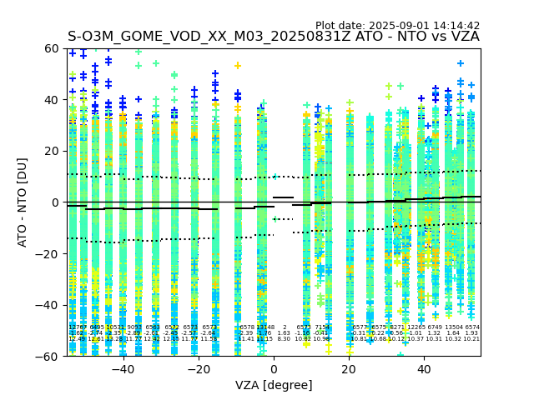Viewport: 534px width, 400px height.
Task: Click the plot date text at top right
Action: click(x=397, y=26)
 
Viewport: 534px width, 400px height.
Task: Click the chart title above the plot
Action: click(x=274, y=37)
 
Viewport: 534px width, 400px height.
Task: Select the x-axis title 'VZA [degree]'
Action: click(x=274, y=385)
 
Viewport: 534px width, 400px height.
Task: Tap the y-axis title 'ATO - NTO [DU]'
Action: click(x=23, y=202)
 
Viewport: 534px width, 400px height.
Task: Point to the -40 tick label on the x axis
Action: click(x=123, y=369)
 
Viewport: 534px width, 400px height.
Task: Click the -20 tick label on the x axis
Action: click(x=198, y=369)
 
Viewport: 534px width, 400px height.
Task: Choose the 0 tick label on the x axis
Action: click(x=274, y=369)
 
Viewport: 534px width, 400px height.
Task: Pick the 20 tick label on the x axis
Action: click(x=349, y=369)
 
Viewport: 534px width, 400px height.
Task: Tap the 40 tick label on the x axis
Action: click(x=424, y=369)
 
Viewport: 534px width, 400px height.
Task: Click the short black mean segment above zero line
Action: click(x=283, y=197)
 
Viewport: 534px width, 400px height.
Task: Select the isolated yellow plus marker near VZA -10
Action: click(x=238, y=65)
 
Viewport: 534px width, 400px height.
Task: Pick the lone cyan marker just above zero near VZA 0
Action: click(x=275, y=177)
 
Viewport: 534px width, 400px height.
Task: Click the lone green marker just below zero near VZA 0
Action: click(x=275, y=219)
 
